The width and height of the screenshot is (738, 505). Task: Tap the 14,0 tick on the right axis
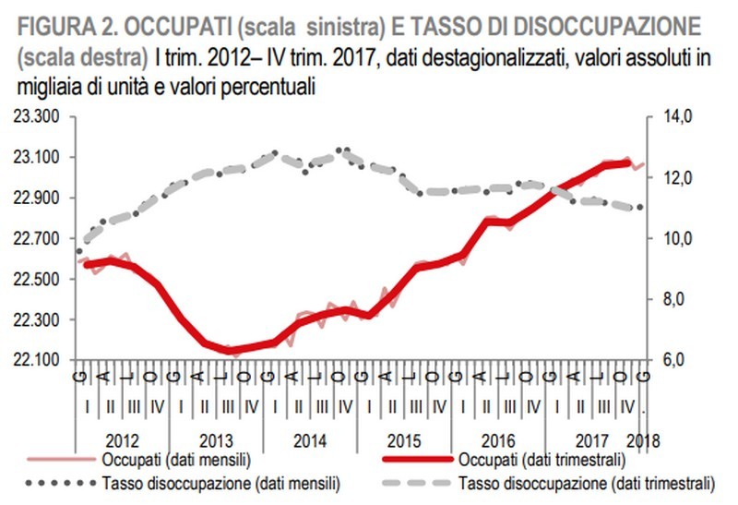point(678,116)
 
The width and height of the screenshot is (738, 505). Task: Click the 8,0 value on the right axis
point(675,299)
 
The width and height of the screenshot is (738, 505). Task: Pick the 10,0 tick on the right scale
point(678,238)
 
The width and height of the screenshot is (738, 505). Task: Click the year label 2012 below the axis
point(122,440)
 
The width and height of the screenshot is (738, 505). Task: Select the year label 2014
point(309,440)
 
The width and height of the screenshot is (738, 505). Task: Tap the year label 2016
point(496,440)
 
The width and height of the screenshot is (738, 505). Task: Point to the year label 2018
point(642,440)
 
